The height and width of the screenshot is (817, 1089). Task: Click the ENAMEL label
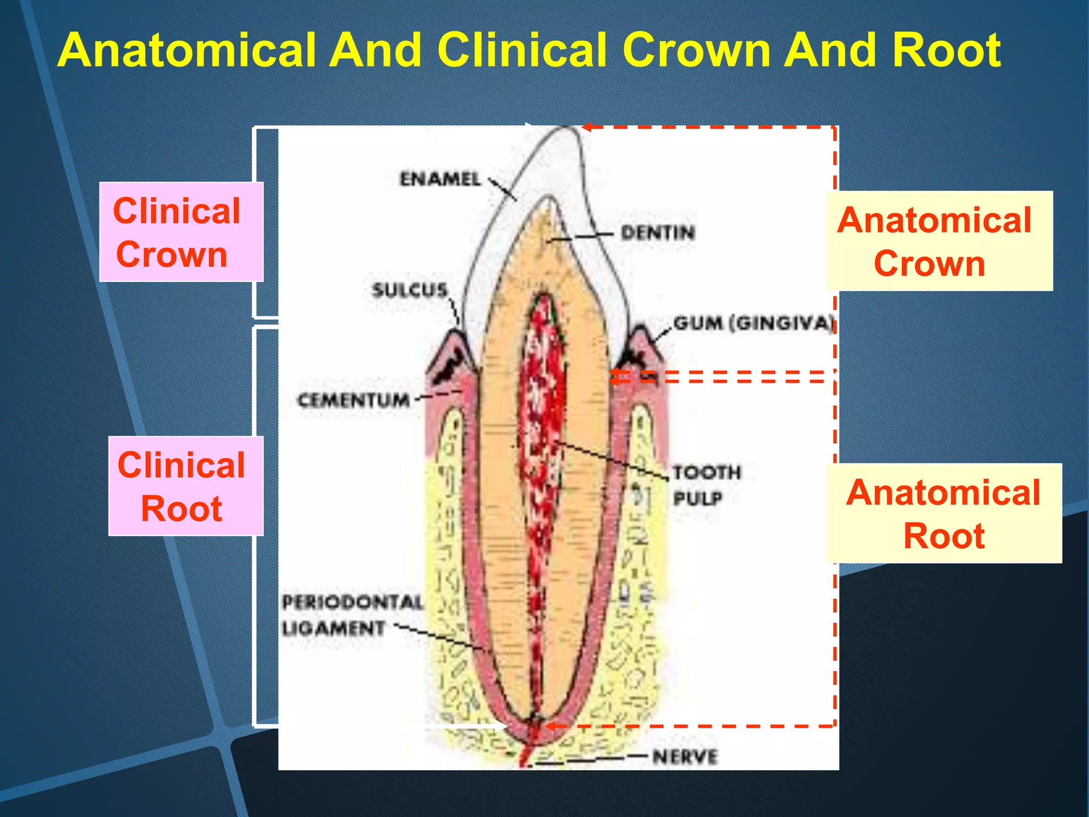click(x=440, y=179)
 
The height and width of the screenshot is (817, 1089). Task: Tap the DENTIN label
click(x=658, y=232)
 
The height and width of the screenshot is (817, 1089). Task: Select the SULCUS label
click(x=409, y=290)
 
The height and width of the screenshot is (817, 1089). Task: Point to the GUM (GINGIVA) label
click(x=753, y=323)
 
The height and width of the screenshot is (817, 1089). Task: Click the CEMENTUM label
click(x=354, y=400)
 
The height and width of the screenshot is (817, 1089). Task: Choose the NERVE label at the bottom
click(x=685, y=756)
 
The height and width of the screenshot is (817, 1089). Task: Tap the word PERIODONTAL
click(x=353, y=602)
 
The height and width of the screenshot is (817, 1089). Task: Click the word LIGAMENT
click(x=333, y=629)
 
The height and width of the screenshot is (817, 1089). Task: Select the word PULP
click(x=697, y=498)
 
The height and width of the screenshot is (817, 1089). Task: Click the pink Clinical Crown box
click(x=181, y=232)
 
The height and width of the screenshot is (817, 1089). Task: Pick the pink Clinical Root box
click(x=186, y=486)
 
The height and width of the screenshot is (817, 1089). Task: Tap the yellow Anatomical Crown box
click(x=939, y=241)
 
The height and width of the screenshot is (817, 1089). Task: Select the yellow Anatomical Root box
click(x=944, y=513)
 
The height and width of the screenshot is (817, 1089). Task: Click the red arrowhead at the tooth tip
click(x=587, y=127)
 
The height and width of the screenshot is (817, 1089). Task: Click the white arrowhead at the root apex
click(x=501, y=726)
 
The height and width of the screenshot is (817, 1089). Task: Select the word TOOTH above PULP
click(x=706, y=472)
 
